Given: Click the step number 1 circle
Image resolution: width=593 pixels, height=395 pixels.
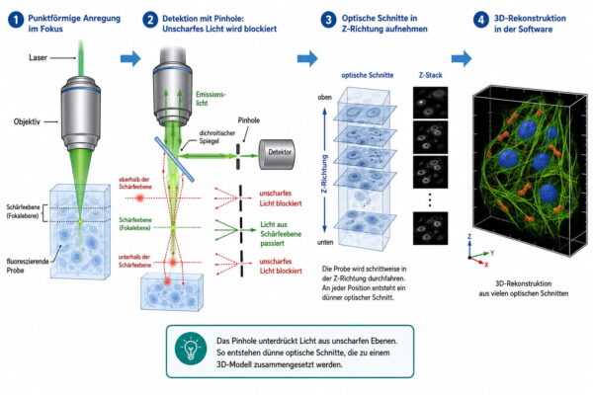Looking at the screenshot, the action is [16, 20].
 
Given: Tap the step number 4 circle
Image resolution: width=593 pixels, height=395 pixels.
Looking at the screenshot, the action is [480, 20].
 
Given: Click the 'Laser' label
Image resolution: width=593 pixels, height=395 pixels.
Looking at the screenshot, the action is [38, 57].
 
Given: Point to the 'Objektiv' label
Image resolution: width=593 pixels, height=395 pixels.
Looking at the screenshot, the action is [27, 121].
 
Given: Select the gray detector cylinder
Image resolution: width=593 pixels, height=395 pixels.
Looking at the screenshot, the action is [277, 154].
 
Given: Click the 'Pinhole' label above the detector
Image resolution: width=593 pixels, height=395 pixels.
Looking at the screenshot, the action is [249, 120].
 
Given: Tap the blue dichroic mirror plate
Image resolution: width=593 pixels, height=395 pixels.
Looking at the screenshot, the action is [174, 159].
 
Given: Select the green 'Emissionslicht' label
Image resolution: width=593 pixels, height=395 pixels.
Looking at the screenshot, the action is [211, 99].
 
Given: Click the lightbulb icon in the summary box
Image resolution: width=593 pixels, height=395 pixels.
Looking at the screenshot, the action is [191, 349].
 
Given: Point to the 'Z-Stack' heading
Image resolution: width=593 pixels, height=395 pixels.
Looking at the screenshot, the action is [430, 75].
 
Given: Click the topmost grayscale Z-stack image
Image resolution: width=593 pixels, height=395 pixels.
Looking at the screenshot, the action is [430, 102].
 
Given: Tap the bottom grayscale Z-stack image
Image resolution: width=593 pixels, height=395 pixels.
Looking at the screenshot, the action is [430, 228].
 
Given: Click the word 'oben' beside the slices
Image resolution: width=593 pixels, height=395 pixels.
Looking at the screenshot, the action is [324, 97].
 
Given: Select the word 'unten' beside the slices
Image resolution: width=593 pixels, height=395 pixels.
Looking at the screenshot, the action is [325, 242].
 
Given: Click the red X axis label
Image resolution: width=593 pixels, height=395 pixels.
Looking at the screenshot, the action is [486, 265].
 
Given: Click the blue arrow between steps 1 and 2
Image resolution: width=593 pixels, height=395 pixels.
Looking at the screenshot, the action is [130, 58].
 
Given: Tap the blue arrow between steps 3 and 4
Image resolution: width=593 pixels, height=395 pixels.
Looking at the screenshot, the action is [462, 58].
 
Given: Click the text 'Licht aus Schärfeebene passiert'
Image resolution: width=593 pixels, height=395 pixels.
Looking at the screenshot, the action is [281, 234].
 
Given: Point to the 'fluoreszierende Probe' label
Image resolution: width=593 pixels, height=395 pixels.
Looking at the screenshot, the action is [28, 266].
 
